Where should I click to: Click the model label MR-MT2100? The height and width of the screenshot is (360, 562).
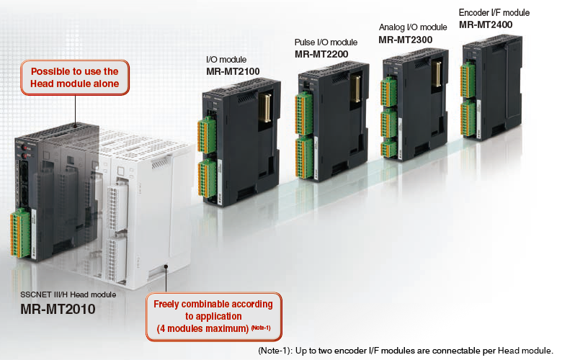[x=233, y=71]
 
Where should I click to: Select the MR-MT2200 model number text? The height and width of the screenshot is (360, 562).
[x=321, y=54]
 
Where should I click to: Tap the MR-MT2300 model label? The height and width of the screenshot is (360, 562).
[x=406, y=40]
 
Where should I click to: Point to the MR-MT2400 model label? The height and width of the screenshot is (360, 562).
[x=486, y=24]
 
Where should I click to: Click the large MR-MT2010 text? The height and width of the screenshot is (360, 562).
[x=58, y=309]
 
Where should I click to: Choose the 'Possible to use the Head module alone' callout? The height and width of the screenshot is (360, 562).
[x=74, y=77]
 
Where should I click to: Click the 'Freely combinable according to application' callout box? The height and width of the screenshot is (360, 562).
[x=214, y=317]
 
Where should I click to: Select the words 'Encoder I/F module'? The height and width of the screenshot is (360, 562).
[x=494, y=13]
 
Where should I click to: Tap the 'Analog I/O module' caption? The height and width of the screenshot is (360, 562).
[x=413, y=27]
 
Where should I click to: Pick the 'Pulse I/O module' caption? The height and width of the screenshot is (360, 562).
[x=326, y=42]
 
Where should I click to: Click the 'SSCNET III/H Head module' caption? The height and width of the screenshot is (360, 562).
[x=68, y=294]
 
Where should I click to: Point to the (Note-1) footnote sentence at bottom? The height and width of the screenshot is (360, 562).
[x=406, y=351]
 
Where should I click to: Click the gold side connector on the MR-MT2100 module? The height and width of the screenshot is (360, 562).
[x=265, y=107]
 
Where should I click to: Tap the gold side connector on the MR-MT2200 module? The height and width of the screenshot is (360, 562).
[x=355, y=89]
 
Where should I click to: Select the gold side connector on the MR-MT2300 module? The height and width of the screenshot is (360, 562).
[x=437, y=74]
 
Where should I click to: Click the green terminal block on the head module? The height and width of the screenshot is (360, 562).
[x=20, y=233]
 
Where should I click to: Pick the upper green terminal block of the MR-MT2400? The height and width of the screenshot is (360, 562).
[x=468, y=80]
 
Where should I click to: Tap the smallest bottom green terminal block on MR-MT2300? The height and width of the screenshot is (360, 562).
[x=388, y=148]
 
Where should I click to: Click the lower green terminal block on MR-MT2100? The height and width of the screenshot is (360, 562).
[x=208, y=179]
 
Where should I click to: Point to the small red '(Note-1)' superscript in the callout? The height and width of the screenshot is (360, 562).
[x=261, y=328]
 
